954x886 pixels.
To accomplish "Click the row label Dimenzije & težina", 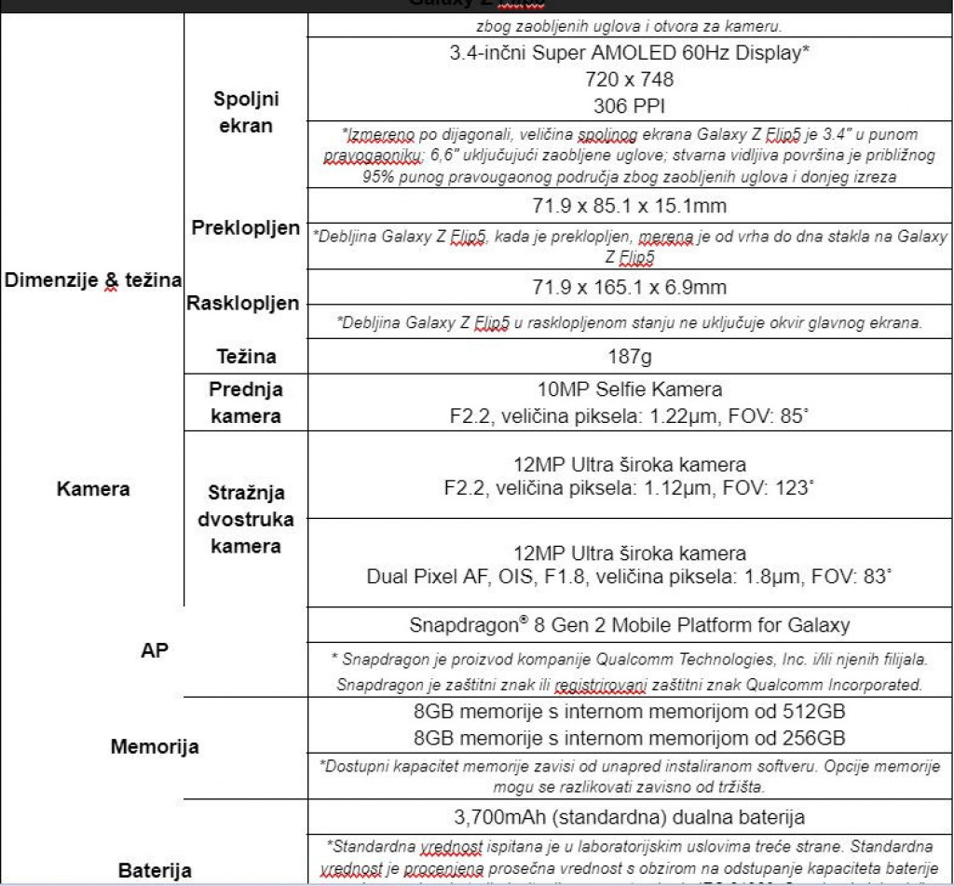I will coord(92,280).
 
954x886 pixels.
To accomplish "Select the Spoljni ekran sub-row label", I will coord(246,112).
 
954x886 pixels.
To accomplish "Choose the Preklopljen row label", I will coord(246,228).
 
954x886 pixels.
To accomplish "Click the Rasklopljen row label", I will coord(243,303).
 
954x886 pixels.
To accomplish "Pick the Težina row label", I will coord(246,356).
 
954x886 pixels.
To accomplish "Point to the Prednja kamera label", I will coord(246,402).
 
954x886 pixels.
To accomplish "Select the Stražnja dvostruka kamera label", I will coord(246,519).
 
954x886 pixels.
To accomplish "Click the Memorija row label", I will coord(155,746).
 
